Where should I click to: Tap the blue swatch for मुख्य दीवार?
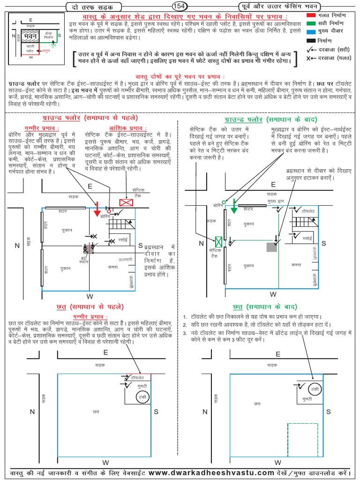point(311,32)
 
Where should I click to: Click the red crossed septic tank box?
point(126,202)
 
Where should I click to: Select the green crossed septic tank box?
point(218,241)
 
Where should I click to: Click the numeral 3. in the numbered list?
point(186,332)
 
